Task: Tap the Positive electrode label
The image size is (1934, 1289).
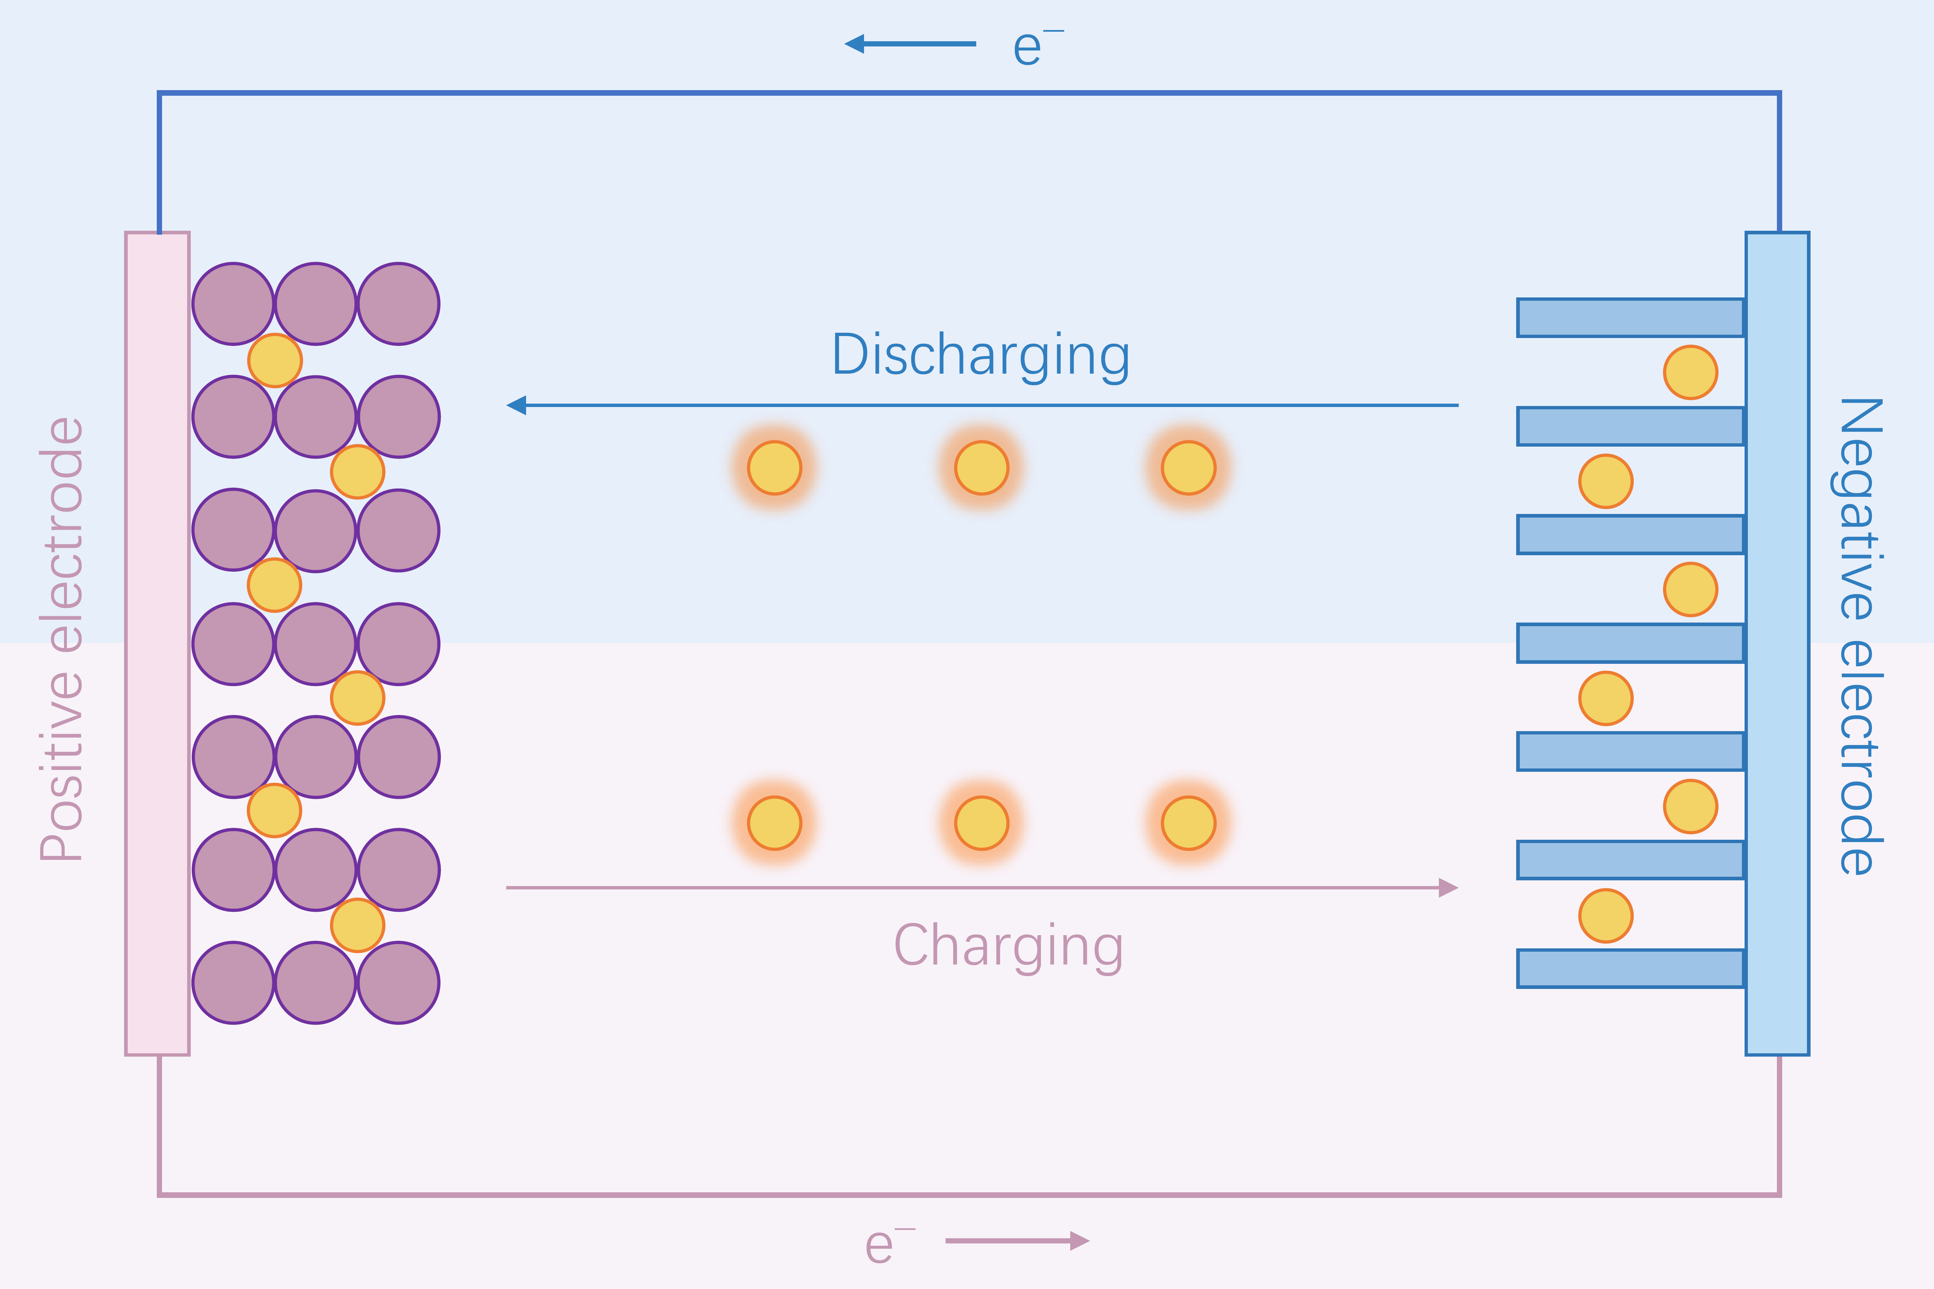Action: tap(62, 639)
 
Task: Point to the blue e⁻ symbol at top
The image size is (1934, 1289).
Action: tap(1037, 47)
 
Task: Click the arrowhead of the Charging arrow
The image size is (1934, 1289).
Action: tap(1448, 888)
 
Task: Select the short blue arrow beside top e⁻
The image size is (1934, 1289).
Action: tap(910, 44)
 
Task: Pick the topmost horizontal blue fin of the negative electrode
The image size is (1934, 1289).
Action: tap(1631, 317)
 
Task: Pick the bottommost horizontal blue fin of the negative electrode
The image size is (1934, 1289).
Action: tap(1631, 968)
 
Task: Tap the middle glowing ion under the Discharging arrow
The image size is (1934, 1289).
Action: tap(982, 468)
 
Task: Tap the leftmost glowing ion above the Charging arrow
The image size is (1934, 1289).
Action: tap(774, 823)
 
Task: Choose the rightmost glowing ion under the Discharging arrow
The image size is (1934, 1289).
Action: tap(1188, 468)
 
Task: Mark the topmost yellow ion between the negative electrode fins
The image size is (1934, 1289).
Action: tap(1691, 372)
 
